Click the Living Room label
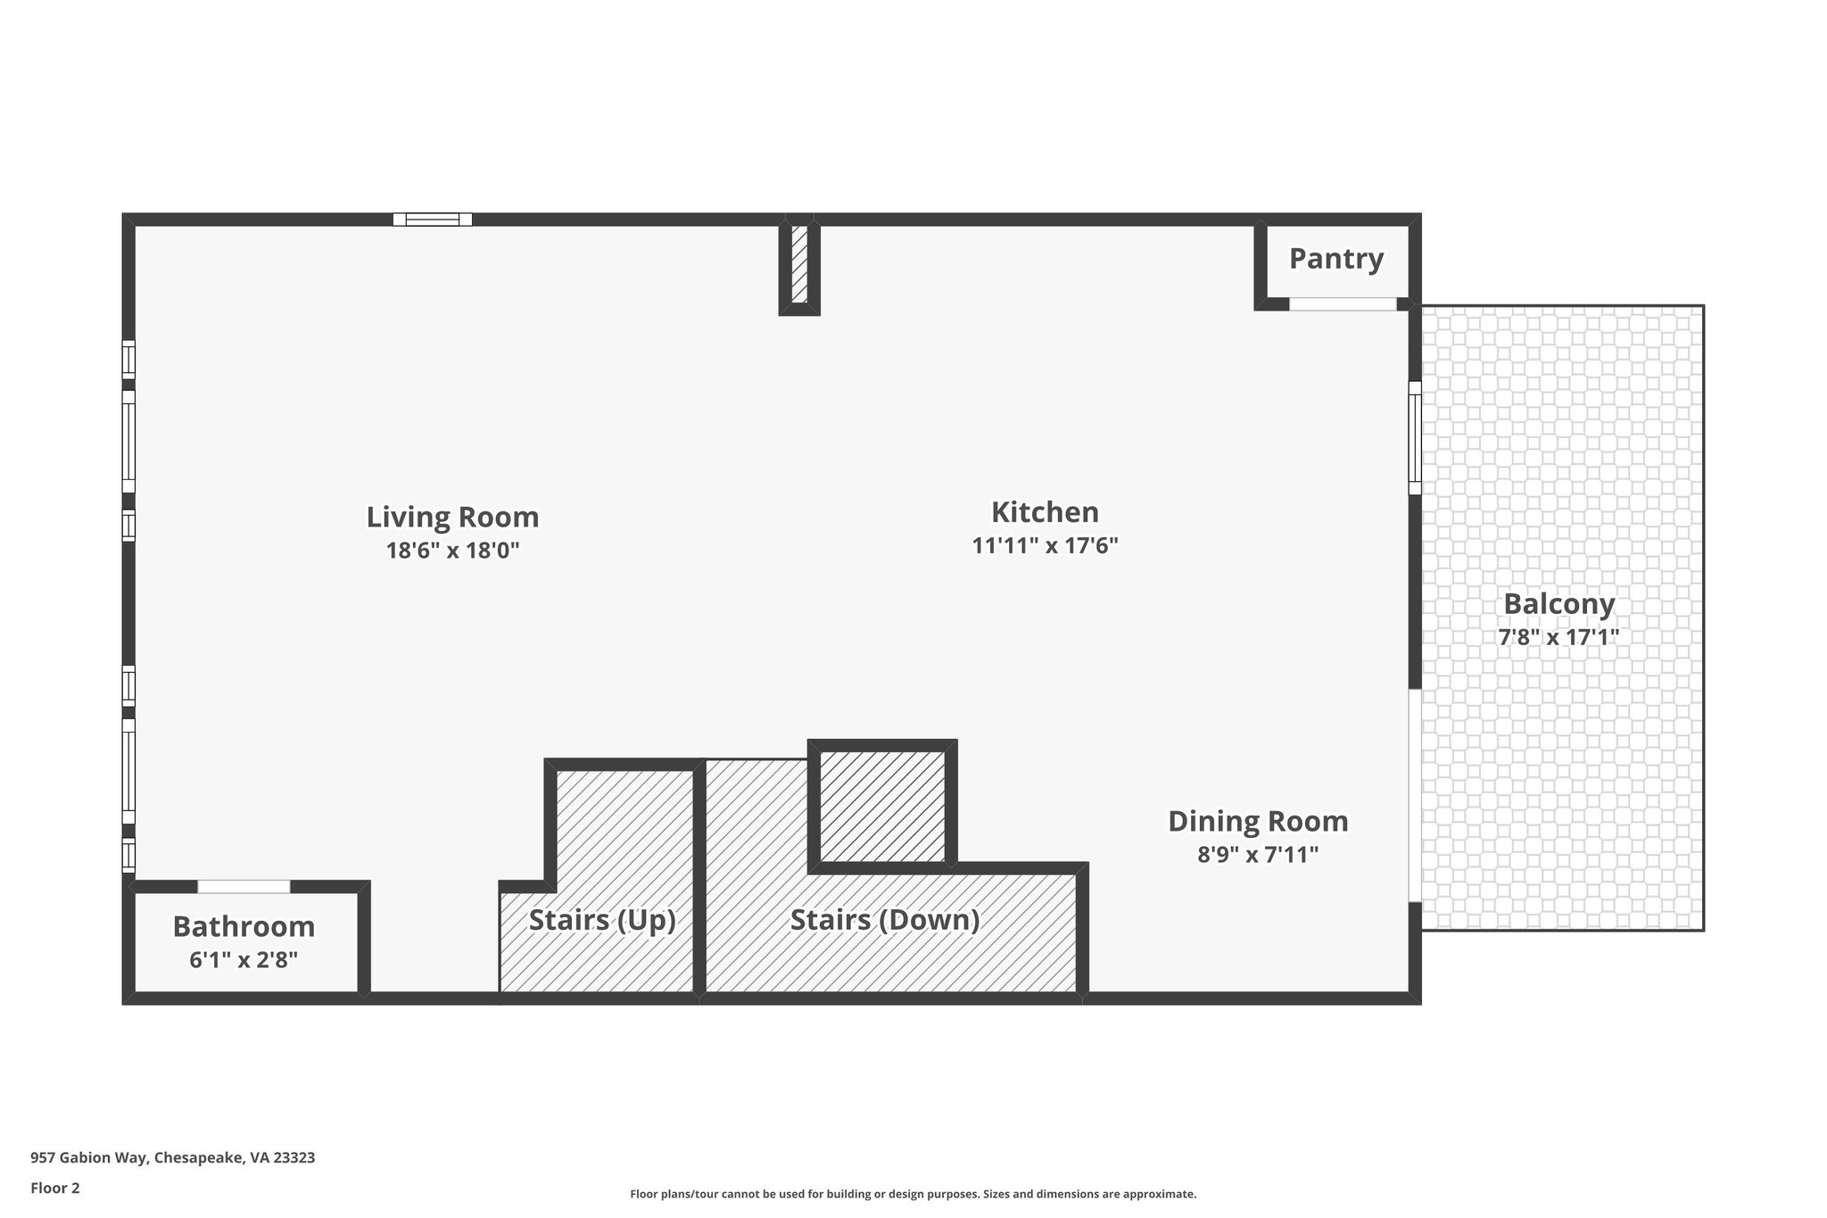tap(452, 517)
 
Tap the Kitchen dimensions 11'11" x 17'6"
tap(1045, 545)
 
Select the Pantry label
tap(1336, 259)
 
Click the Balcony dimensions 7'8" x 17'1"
tap(1558, 637)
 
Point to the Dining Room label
tap(1258, 821)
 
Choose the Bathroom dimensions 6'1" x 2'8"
tap(244, 960)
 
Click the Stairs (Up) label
tap(602, 919)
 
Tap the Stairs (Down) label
tap(885, 919)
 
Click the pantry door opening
tap(1343, 304)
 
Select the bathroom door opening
tap(244, 886)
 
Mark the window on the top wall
tap(433, 220)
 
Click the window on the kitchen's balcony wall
tap(1415, 438)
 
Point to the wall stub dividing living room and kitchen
tap(799, 266)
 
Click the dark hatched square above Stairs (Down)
tap(882, 807)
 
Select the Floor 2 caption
tap(55, 1188)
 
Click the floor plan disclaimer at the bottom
tap(913, 1194)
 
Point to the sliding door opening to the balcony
tap(1414, 794)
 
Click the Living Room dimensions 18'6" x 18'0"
tap(452, 551)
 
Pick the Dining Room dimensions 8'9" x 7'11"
tap(1258, 855)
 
